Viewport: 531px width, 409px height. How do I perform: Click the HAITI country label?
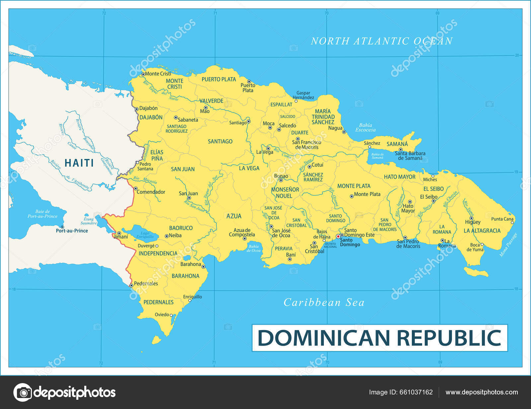pos(79,163)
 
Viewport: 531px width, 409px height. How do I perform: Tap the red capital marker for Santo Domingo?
pos(338,237)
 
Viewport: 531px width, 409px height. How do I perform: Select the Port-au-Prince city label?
pos(72,231)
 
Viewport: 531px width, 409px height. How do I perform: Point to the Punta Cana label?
pos(502,219)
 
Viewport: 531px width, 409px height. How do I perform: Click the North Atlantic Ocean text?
pos(382,41)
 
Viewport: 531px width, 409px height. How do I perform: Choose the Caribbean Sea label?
pos(324,303)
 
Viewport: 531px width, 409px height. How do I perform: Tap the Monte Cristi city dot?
pos(143,74)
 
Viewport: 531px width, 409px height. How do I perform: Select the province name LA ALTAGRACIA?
pos(482,231)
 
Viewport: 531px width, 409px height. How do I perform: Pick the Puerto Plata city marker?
pos(249,82)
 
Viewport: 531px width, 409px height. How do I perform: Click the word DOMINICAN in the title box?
pos(323,338)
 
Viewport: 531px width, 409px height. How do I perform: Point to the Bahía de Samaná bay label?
pos(378,156)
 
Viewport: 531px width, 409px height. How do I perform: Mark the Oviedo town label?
pos(162,314)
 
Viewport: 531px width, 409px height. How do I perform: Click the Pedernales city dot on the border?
pos(131,285)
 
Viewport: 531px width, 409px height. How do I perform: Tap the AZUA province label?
pos(234,216)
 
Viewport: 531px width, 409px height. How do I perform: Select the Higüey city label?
pos(473,222)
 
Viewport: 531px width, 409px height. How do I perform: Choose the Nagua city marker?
pos(344,132)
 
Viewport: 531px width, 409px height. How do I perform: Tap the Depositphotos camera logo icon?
pos(23,392)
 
